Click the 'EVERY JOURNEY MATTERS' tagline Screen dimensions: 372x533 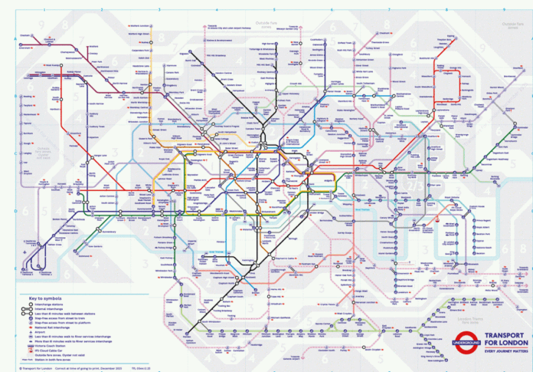click(x=502, y=351)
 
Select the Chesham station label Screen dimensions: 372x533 click(x=26, y=35)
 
